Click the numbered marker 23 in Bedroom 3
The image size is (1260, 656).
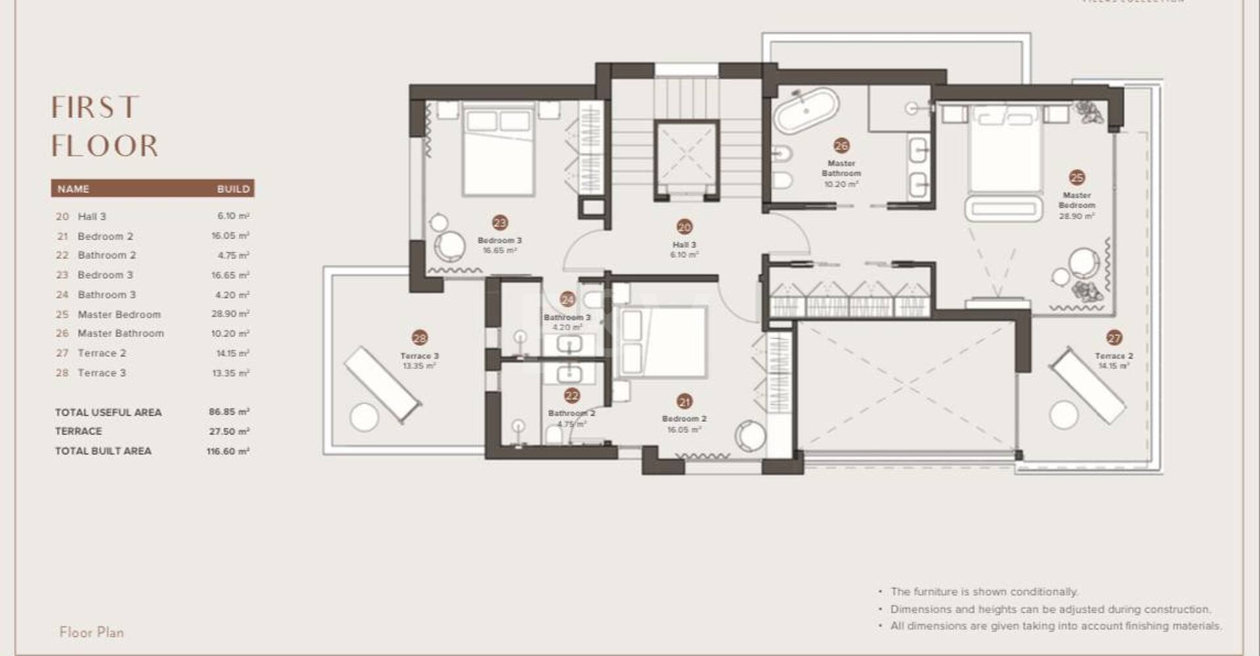[x=500, y=223]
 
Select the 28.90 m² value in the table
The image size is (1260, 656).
[x=230, y=314]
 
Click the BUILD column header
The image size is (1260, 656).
[x=233, y=189]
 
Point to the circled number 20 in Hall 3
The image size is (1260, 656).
[x=684, y=227]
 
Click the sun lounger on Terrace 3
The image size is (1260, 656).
[x=383, y=384]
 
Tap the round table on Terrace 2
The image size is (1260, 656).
[x=1063, y=415]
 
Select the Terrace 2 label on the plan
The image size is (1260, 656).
[x=1114, y=356]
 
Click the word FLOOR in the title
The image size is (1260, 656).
[x=105, y=146]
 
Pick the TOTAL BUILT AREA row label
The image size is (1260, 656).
[x=103, y=451]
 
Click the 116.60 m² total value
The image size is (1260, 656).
[x=228, y=451]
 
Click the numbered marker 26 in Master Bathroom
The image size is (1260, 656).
[x=841, y=146]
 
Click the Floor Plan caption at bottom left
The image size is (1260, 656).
[x=91, y=632]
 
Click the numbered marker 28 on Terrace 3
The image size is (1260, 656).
[x=419, y=338]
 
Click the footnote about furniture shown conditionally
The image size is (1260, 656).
[x=984, y=592]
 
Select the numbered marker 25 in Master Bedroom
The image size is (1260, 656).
[x=1076, y=178]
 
